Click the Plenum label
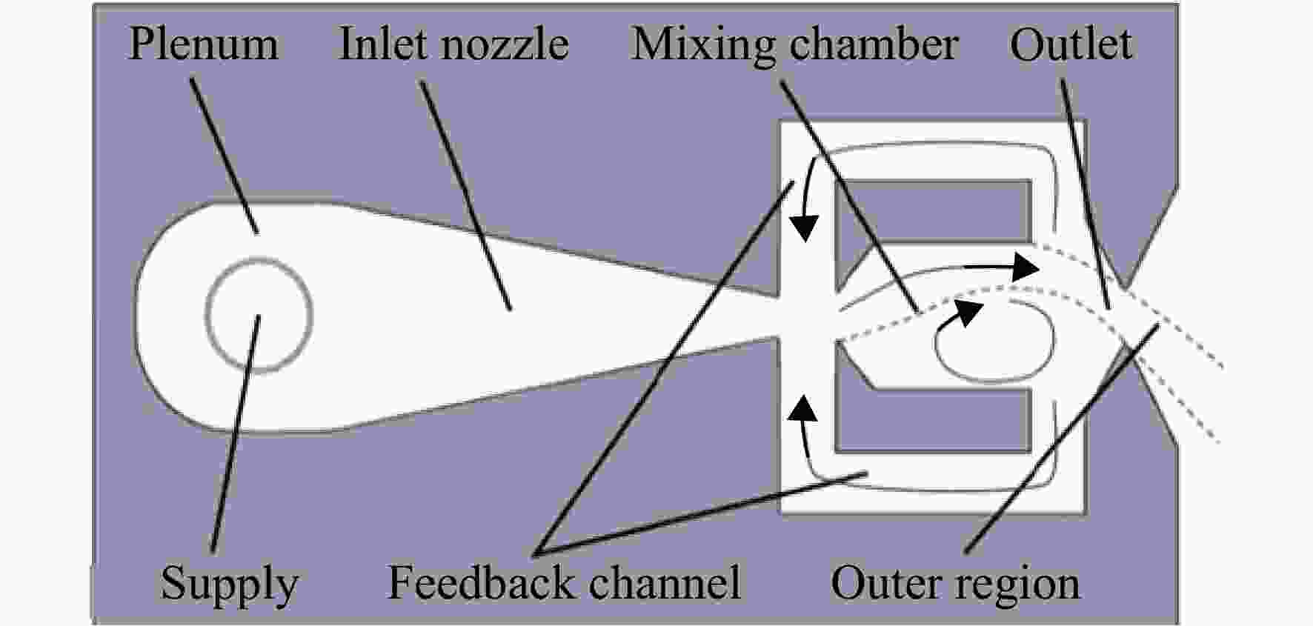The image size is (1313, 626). pos(204,44)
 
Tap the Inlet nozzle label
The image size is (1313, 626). pos(454,44)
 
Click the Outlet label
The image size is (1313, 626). pos(1071,44)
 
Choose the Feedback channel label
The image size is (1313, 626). pos(565,583)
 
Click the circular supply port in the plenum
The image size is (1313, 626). pos(259,314)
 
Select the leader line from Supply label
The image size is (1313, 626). pos(236,433)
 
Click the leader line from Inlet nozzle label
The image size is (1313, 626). pos(466,194)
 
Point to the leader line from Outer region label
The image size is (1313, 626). pos(1062,439)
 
